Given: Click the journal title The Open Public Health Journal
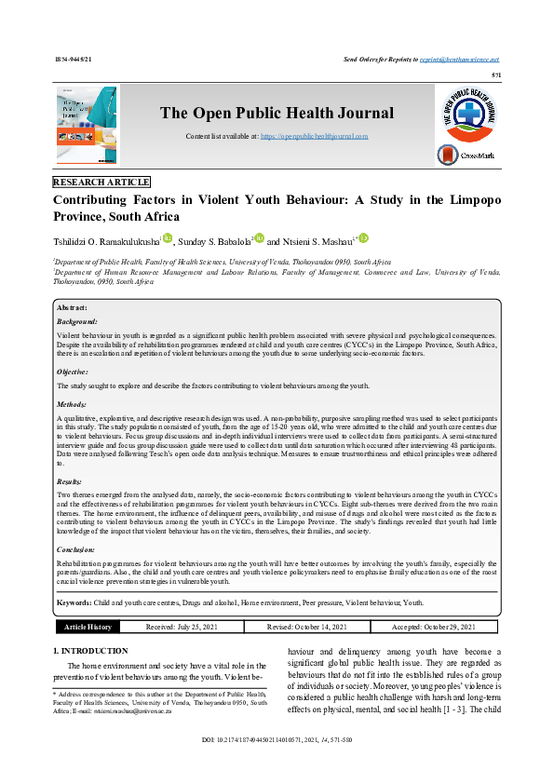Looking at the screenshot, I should [x=277, y=114].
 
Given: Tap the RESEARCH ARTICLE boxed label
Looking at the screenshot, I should [x=101, y=182].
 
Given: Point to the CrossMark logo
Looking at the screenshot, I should [x=465, y=155].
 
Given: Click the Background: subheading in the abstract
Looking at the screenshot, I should [x=77, y=320].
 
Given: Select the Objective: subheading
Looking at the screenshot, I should [x=74, y=372].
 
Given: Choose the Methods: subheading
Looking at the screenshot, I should [x=73, y=405].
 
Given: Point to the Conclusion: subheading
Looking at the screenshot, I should [x=77, y=550].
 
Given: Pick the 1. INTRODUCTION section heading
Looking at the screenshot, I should [x=97, y=650].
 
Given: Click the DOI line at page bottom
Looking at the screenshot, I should [x=277, y=765].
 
